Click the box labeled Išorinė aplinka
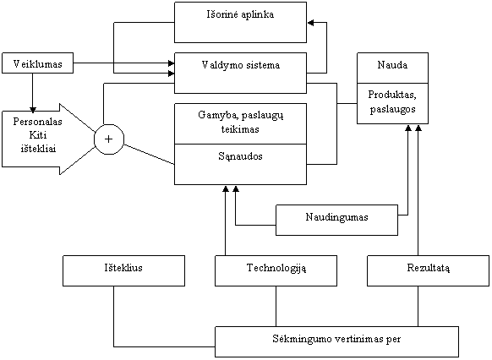(240, 22)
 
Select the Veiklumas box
(38, 63)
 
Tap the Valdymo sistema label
(241, 65)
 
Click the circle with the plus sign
(109, 139)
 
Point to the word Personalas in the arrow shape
(38, 122)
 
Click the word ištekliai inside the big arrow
(38, 148)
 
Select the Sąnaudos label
(240, 156)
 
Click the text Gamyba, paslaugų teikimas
(241, 122)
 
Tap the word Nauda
(392, 65)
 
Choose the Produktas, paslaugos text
(392, 101)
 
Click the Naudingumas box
(337, 220)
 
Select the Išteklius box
(124, 270)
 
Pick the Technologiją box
(276, 270)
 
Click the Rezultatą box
(429, 270)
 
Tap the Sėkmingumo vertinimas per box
(336, 341)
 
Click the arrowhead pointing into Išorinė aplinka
(310, 23)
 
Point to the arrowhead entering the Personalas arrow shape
(32, 110)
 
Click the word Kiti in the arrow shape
(38, 135)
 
